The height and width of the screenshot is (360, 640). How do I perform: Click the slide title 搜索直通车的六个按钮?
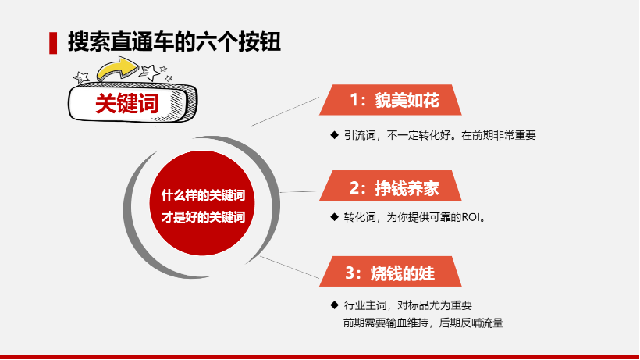tap(174, 41)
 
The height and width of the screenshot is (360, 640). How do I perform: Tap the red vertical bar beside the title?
tap(53, 43)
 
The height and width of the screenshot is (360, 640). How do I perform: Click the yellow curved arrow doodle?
tap(118, 69)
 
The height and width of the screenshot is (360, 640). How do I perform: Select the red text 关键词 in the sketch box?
tap(127, 103)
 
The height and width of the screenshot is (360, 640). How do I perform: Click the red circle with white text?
tap(201, 203)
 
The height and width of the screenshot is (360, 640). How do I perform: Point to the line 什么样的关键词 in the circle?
tap(203, 195)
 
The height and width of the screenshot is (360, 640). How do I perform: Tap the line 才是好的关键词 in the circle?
tap(203, 217)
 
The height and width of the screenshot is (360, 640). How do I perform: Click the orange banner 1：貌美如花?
tap(390, 100)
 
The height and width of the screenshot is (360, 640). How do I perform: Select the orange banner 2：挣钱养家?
tap(390, 186)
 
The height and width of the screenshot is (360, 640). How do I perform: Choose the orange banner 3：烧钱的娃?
tap(390, 272)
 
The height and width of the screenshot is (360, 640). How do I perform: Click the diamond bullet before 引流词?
tap(334, 134)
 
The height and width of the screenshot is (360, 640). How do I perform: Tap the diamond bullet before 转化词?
tap(334, 217)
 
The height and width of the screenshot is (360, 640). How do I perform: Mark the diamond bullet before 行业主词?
tap(334, 305)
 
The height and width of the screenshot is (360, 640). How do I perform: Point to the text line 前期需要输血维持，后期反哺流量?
tap(423, 323)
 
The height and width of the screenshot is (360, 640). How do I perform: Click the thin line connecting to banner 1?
tap(286, 112)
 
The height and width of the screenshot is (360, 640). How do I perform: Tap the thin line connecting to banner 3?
tap(290, 267)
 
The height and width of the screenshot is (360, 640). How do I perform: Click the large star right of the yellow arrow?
tap(149, 73)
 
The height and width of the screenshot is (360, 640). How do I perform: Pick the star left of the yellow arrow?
tap(81, 77)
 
